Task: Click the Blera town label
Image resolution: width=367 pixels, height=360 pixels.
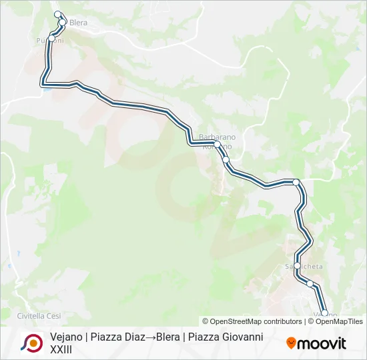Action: click(79, 23)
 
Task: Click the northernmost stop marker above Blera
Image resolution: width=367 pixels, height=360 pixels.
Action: click(57, 15)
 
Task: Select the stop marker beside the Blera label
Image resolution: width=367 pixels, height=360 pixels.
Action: click(63, 23)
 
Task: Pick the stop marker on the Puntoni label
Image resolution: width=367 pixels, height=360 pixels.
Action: click(51, 38)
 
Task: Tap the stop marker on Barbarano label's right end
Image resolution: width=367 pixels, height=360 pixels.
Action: click(217, 144)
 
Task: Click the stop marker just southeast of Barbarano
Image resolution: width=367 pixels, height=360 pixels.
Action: click(226, 159)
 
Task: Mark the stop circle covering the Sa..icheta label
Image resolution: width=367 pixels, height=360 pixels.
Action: click(298, 265)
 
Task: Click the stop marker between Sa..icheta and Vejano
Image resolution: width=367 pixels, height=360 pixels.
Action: click(310, 284)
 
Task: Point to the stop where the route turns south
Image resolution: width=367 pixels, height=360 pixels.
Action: click(296, 181)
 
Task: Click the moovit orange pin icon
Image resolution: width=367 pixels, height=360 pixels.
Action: click(291, 343)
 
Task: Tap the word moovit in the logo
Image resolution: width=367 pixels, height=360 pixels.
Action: click(322, 343)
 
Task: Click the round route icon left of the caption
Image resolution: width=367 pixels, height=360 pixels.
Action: click(31, 343)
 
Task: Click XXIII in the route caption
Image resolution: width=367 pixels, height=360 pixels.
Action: click(61, 349)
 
